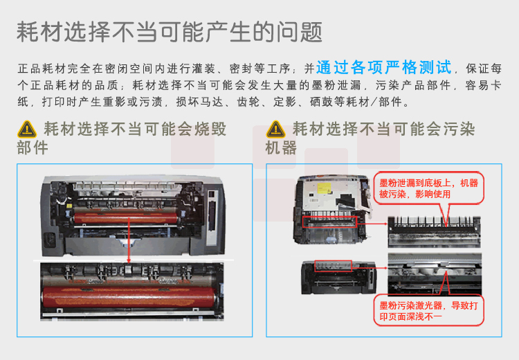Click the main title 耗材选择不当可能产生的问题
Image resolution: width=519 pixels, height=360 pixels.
tap(170, 32)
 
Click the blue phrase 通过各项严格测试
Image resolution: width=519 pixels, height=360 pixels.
tap(383, 68)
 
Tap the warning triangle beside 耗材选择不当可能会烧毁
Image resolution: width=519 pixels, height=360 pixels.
tap(27, 129)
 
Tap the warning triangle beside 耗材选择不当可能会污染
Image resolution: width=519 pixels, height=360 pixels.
tap(275, 129)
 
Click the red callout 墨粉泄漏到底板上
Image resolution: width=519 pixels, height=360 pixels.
tap(428, 188)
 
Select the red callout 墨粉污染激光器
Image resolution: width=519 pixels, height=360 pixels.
tap(428, 310)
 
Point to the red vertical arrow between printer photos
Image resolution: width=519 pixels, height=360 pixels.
tap(129, 240)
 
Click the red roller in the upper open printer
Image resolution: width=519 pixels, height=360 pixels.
tap(126, 218)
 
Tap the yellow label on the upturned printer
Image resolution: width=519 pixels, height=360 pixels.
tap(324, 188)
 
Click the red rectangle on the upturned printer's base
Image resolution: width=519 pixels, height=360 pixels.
tap(329, 222)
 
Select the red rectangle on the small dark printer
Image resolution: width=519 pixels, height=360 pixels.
tap(333, 266)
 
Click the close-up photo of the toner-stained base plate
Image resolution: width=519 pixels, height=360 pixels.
tap(434, 232)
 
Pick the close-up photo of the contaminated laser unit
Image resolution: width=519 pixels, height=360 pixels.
tap(435, 273)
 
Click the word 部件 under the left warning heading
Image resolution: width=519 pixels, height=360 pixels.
tap(33, 147)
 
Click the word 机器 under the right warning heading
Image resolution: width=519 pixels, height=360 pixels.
tap(281, 147)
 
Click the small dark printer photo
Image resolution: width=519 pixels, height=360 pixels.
tap(338, 277)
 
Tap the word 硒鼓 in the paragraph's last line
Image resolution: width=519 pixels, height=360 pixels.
tap(322, 102)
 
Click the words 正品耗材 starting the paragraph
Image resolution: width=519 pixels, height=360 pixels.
tap(42, 69)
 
